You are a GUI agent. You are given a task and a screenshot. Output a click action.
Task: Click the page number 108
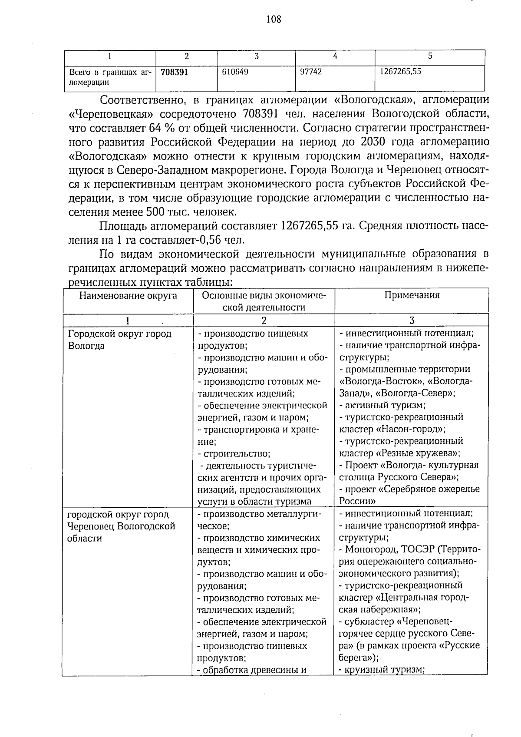point(273,19)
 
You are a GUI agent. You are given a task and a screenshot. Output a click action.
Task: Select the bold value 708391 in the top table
point(174,72)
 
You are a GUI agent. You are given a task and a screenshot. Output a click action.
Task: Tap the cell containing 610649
point(234,72)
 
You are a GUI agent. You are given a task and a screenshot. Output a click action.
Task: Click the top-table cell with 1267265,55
point(400,72)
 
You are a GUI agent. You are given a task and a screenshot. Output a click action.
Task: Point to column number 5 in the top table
point(430,56)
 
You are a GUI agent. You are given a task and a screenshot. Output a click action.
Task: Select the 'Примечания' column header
point(412,295)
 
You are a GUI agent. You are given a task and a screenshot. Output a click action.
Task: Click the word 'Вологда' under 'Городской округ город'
point(86,346)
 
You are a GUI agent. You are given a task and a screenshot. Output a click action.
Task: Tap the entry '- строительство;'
point(234,454)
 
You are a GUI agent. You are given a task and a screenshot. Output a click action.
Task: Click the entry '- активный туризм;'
point(382,405)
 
